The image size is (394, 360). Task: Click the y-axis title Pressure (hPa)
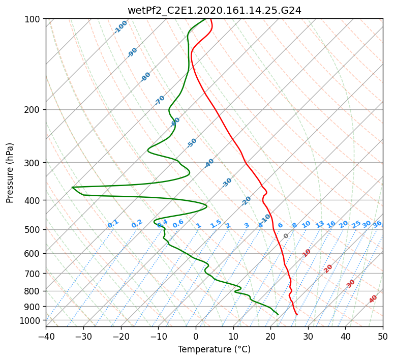click(x=10, y=172)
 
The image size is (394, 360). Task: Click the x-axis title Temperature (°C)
click(x=214, y=349)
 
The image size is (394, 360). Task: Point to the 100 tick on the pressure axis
click(x=35, y=19)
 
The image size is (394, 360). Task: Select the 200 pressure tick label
click(x=35, y=110)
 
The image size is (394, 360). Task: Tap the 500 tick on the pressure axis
click(x=35, y=230)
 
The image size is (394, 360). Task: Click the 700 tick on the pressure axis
click(x=35, y=274)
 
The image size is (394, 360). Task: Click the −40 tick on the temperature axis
click(x=46, y=336)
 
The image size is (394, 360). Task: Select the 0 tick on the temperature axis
click(x=196, y=336)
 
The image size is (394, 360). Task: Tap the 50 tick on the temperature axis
click(x=383, y=336)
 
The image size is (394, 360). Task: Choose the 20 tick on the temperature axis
click(x=270, y=336)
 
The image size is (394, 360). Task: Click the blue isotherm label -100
click(x=121, y=27)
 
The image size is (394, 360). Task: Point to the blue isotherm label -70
click(x=160, y=100)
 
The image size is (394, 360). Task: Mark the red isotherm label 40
click(x=373, y=299)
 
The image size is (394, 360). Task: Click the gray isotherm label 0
click(x=286, y=236)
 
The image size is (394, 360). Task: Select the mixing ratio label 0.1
click(x=113, y=224)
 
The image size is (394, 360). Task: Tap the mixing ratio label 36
click(x=377, y=224)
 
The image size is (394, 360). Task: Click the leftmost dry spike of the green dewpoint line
click(x=72, y=187)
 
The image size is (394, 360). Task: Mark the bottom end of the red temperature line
click(x=297, y=314)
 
